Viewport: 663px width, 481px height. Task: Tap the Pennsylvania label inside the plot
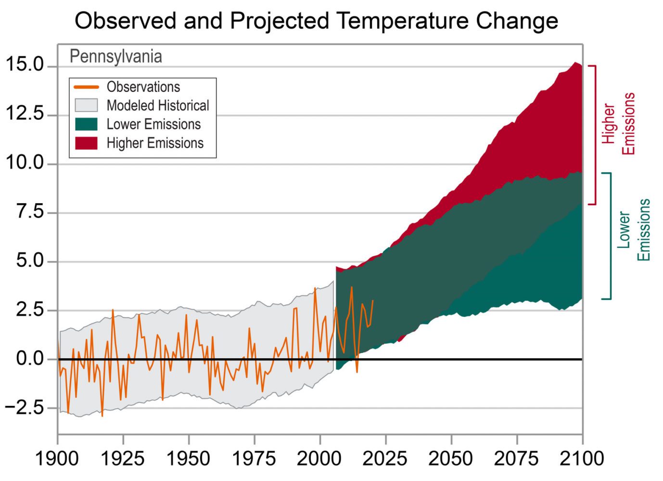pyautogui.click(x=115, y=56)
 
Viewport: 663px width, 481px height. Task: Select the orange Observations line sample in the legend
pyautogui.click(x=86, y=87)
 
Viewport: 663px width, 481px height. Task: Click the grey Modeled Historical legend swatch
pyautogui.click(x=86, y=105)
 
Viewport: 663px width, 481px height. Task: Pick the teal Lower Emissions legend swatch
pyautogui.click(x=86, y=124)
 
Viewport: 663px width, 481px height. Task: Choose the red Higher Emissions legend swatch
pyautogui.click(x=86, y=143)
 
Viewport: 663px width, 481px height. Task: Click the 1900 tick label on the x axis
pyautogui.click(x=57, y=458)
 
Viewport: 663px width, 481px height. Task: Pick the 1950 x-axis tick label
pyautogui.click(x=188, y=458)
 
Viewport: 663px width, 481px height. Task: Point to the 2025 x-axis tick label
pyautogui.click(x=385, y=458)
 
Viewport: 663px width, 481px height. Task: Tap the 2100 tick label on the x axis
pyautogui.click(x=582, y=458)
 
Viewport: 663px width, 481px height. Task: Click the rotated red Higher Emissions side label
pyautogui.click(x=619, y=124)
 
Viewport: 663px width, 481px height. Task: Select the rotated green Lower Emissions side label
pyautogui.click(x=634, y=230)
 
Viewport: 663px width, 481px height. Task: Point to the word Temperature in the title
pyautogui.click(x=402, y=21)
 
